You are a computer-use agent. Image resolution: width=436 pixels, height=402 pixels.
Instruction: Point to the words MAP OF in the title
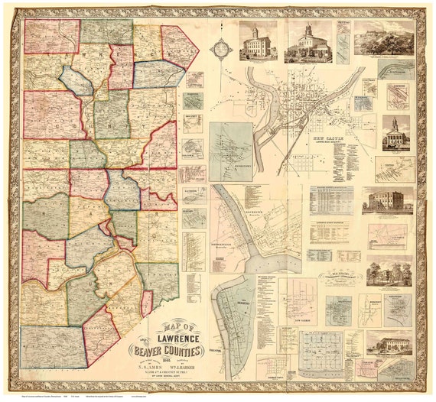pyautogui.click(x=177, y=324)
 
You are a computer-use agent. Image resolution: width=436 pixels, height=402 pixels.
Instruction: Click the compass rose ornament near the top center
pyautogui.click(x=222, y=48)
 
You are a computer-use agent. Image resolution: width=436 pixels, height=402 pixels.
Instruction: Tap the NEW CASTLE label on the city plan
pyautogui.click(x=336, y=140)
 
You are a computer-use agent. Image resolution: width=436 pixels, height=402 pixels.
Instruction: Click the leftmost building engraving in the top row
pyautogui.click(x=259, y=41)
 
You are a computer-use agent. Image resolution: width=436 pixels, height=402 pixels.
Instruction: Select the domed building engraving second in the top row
pyautogui.click(x=309, y=41)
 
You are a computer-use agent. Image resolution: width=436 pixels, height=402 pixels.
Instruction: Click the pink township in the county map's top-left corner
pyautogui.click(x=51, y=36)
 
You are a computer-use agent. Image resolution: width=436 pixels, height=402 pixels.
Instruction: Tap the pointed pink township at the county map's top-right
pyautogui.click(x=181, y=47)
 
